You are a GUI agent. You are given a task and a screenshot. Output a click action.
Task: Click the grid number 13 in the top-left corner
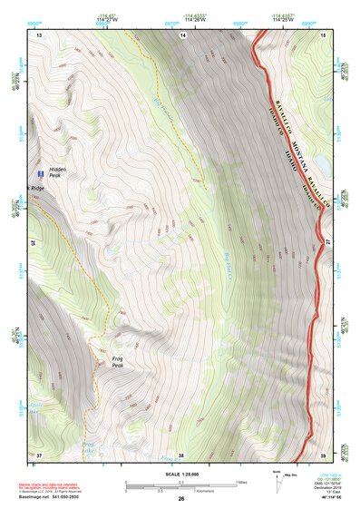[x=39, y=34]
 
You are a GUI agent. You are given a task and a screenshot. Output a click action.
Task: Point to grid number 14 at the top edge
[x=182, y=34]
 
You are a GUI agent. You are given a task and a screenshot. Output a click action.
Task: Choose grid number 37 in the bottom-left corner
[x=39, y=454]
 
